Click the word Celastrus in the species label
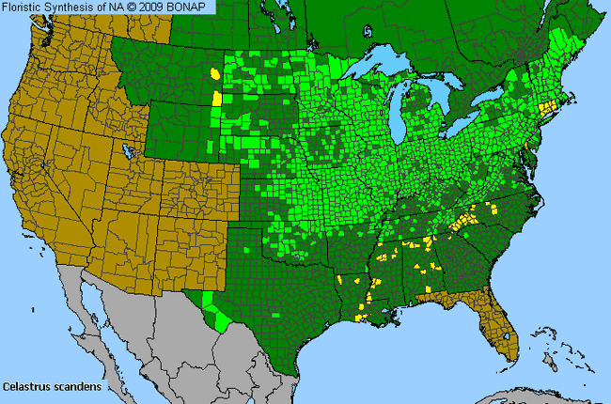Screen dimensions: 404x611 [x=24, y=386]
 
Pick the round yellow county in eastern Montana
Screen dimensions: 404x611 [x=217, y=72]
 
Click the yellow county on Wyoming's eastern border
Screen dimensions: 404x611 [x=218, y=98]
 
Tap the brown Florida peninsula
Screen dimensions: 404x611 [x=504, y=329]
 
